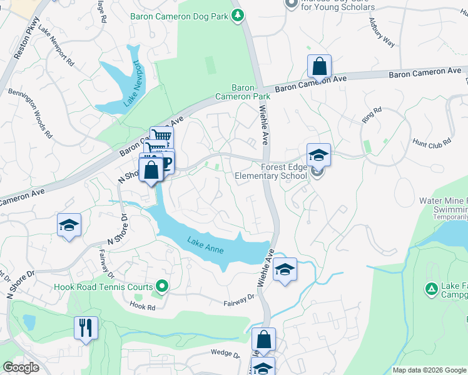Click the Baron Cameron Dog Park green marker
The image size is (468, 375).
(237, 15)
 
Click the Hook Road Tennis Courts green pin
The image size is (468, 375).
(162, 287)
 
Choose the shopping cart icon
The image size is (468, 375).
(161, 136)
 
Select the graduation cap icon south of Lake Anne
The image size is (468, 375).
(285, 269)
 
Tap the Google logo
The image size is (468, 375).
(21, 367)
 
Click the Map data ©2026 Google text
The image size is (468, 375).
(429, 370)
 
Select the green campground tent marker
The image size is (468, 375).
(430, 289)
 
